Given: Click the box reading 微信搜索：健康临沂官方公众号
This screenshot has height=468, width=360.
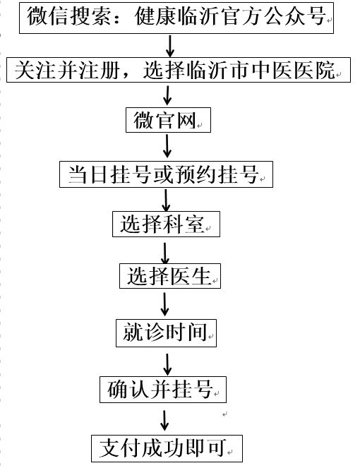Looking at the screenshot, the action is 176,18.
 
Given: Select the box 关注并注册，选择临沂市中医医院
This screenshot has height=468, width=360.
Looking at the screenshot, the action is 179,70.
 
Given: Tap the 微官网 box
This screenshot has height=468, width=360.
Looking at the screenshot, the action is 168,120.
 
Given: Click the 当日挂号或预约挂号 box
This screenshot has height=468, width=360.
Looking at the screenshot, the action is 166,174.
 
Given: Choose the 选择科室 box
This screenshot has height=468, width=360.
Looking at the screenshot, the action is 166,224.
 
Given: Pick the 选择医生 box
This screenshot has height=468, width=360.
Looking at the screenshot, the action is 170,276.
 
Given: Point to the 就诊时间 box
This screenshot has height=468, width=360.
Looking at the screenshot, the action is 166,332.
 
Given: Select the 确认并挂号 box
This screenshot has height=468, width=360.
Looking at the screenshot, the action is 162,390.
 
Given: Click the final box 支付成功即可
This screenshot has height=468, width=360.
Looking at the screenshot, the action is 167,448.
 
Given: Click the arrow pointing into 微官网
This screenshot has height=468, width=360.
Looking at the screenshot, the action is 167,95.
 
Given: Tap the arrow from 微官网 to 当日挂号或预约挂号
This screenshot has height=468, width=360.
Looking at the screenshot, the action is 167,146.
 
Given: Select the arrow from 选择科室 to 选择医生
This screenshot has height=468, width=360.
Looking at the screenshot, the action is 165,253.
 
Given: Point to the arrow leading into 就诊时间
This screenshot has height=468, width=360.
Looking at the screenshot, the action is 164,304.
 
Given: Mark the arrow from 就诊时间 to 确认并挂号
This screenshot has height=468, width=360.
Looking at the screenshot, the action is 167,365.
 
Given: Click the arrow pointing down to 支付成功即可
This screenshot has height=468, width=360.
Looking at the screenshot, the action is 164,421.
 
